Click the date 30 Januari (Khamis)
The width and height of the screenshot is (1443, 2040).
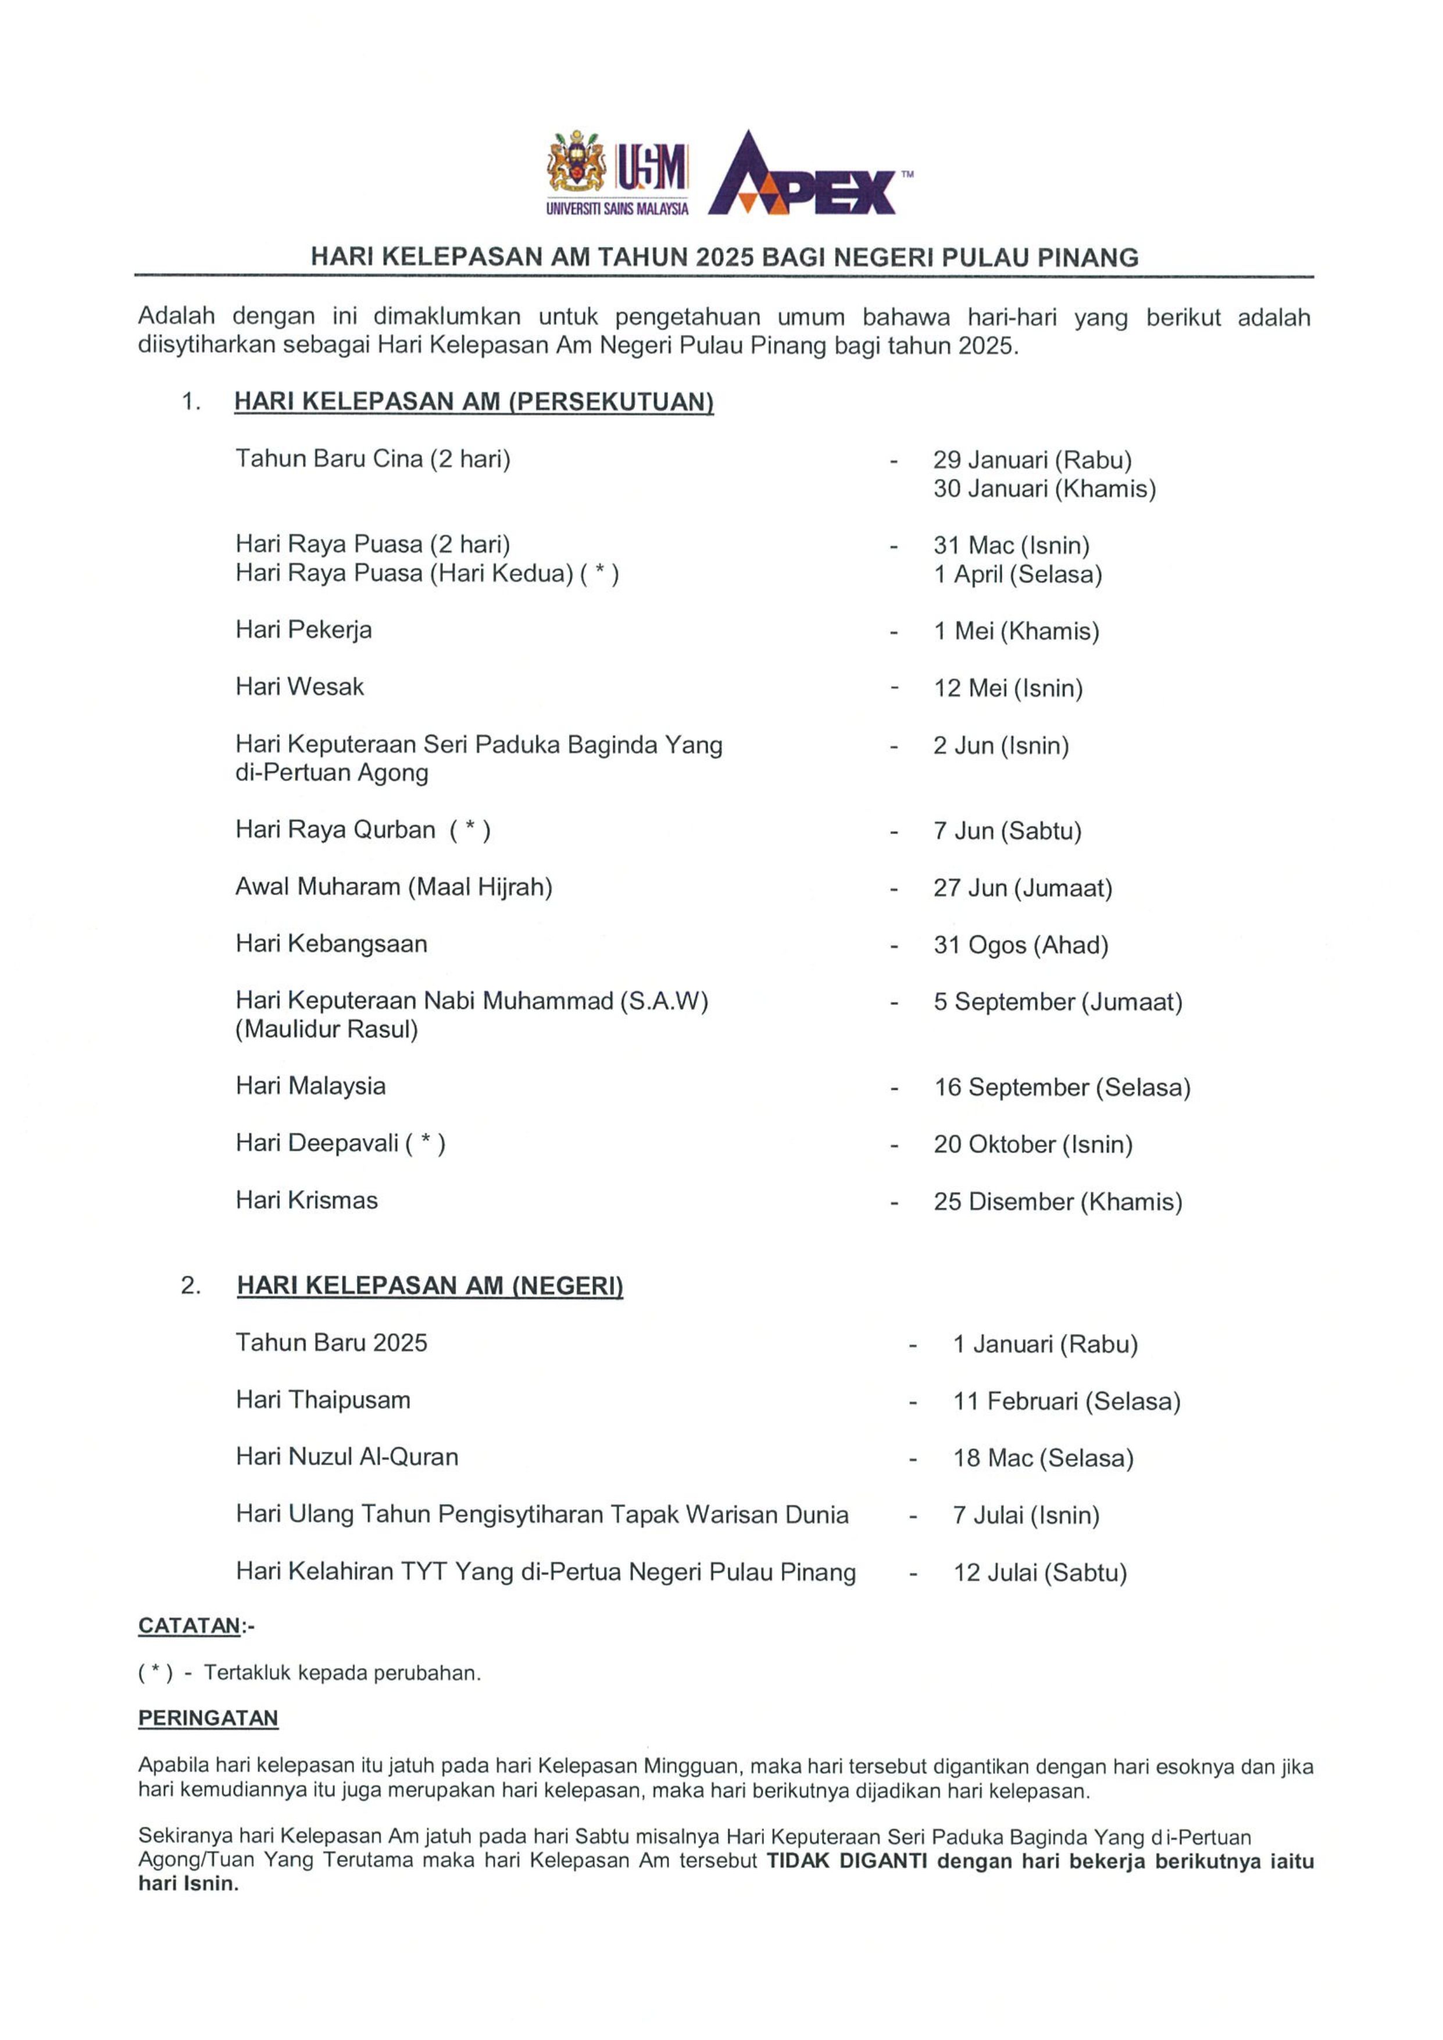[x=1044, y=489]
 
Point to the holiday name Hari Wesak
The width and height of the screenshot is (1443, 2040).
[x=299, y=687]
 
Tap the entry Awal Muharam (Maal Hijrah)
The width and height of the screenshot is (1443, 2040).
[x=394, y=887]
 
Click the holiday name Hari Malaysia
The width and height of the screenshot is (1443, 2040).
[x=310, y=1086]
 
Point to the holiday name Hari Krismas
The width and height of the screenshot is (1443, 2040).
[x=306, y=1200]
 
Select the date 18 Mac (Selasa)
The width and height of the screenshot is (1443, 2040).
[x=1043, y=1458]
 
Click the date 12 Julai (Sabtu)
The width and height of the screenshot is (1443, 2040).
[x=1040, y=1573]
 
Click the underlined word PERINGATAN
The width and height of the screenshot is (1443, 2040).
[x=208, y=1719]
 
